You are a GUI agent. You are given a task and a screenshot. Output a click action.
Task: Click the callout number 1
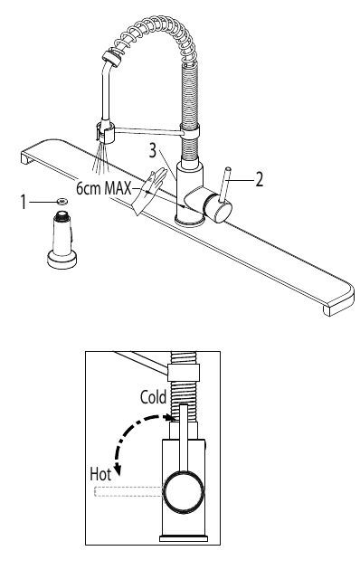coord(24,203)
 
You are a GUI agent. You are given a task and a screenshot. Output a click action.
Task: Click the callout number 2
coord(260,180)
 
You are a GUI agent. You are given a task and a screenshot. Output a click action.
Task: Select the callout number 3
coord(153,151)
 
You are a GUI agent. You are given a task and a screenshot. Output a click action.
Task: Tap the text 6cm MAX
coord(103,188)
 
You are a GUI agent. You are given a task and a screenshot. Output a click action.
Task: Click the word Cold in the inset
coord(154,397)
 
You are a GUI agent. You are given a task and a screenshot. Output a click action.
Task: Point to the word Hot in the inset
coord(100,474)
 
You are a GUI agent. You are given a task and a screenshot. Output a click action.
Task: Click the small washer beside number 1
coord(62,201)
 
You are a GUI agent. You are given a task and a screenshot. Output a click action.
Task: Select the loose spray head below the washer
coord(62,239)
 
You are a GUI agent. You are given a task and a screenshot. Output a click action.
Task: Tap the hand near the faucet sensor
coord(147,190)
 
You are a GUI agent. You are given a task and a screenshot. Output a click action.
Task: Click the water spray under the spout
coord(100,159)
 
